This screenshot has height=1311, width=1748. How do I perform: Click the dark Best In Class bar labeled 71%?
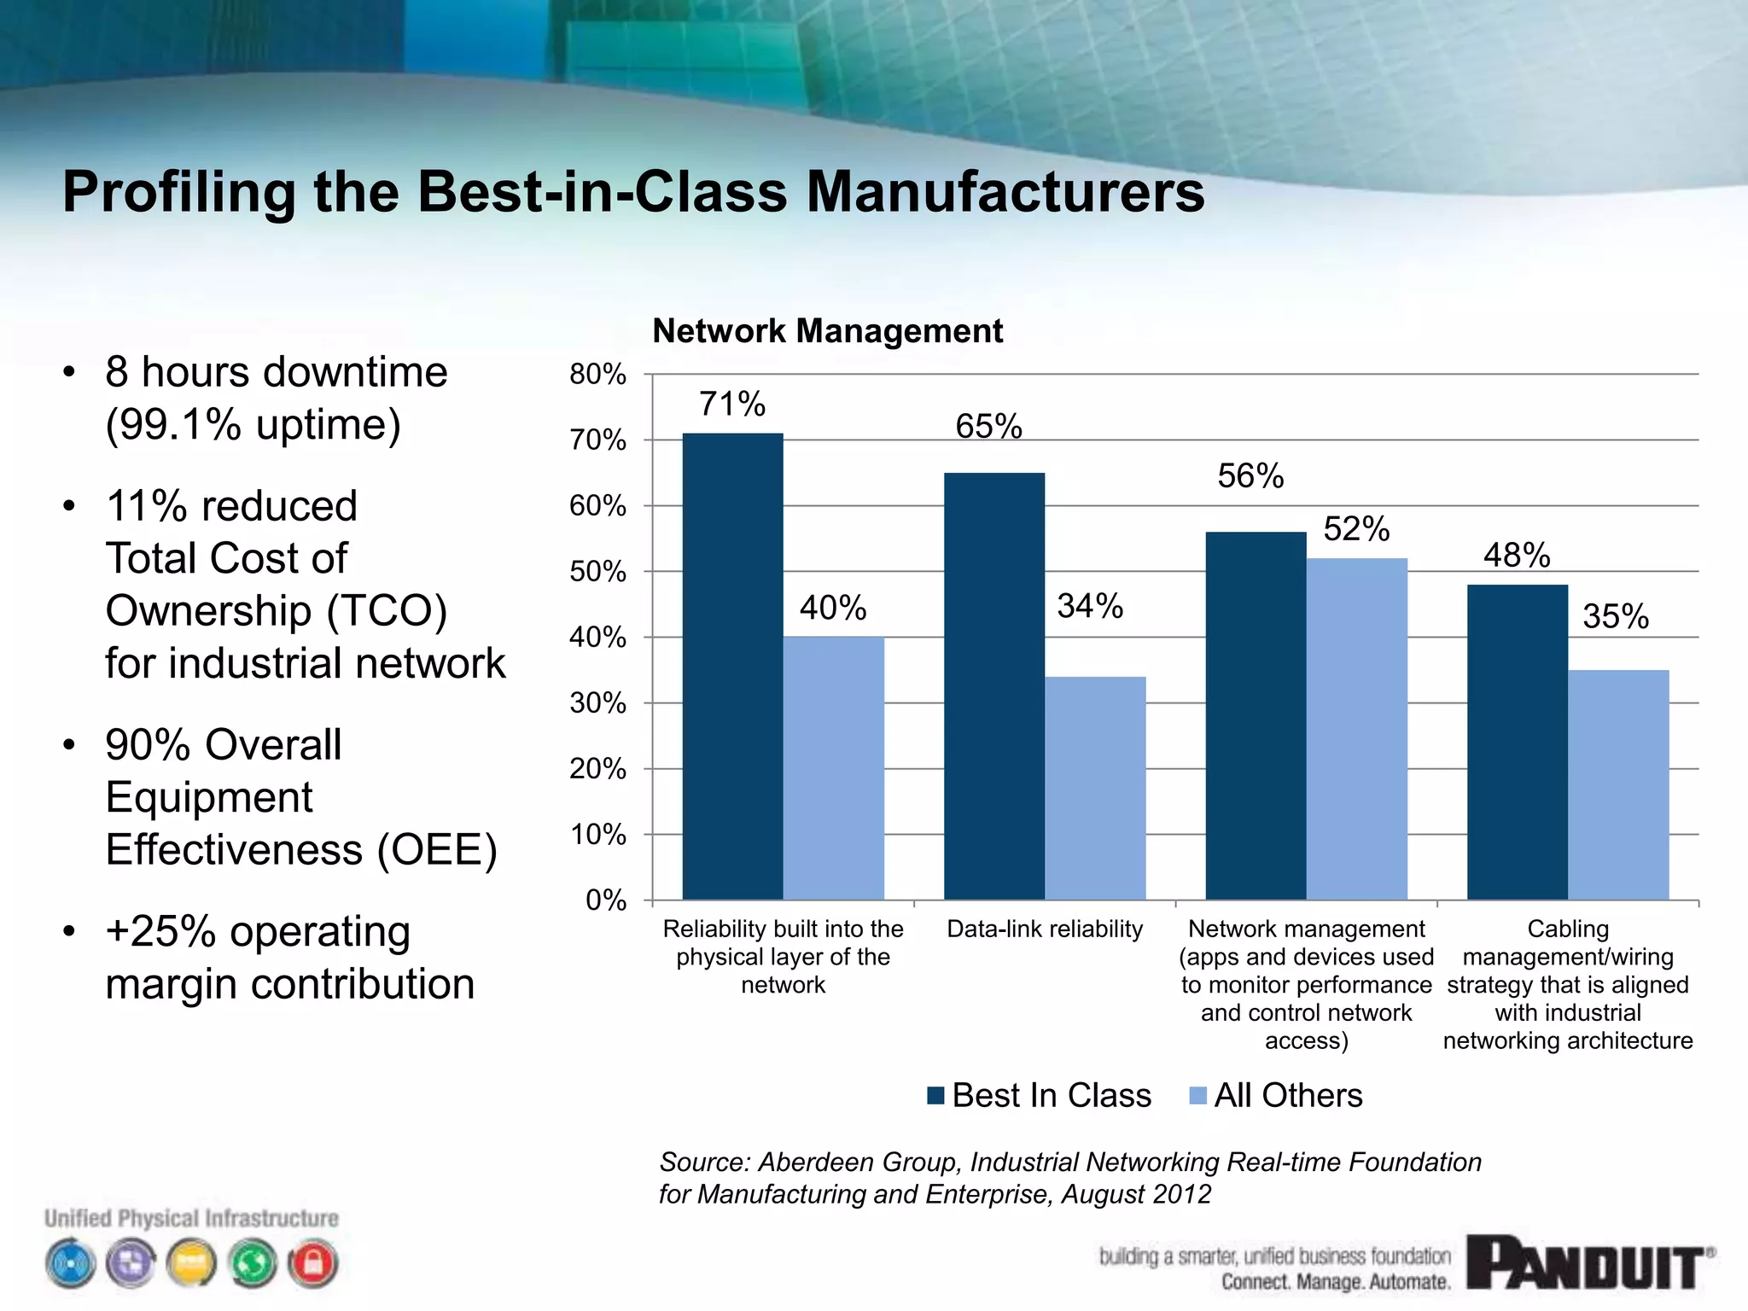tap(732, 666)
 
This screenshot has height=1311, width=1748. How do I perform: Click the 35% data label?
tap(1616, 616)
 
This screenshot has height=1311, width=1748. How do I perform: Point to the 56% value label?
tap(1250, 475)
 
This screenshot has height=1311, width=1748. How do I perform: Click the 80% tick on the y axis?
tap(597, 374)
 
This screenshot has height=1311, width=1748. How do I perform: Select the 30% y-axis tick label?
tap(597, 703)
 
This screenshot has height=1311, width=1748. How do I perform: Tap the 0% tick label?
tap(605, 900)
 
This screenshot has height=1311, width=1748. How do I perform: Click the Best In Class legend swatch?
tap(936, 1095)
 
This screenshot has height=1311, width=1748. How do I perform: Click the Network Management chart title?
tap(827, 330)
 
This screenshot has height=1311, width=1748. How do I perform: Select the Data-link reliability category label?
tap(1045, 929)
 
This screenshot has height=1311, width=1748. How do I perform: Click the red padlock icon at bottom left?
tap(313, 1263)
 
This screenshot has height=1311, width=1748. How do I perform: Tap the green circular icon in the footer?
tap(253, 1263)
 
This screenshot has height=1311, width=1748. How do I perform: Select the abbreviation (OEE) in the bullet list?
tap(437, 849)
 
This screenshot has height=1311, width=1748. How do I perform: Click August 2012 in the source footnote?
tap(1136, 1194)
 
